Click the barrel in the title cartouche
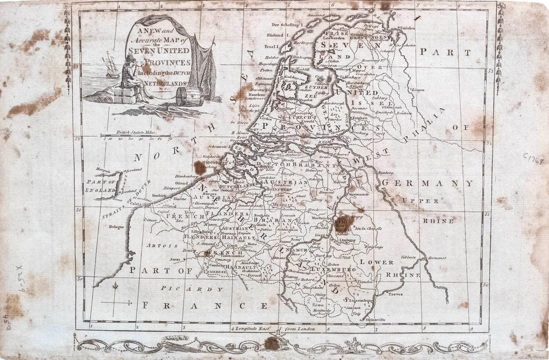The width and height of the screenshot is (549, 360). [190, 96]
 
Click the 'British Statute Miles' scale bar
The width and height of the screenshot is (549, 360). [135, 135]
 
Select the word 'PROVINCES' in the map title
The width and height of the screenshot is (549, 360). [170, 62]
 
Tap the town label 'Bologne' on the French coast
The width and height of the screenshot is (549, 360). [116, 227]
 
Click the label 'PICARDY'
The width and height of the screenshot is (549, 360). [192, 289]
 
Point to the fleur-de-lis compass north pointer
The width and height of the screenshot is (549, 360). [116, 287]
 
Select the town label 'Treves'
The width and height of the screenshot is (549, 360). [396, 294]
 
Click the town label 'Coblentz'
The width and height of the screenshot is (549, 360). [408, 257]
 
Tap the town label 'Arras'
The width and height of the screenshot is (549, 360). [174, 260]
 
